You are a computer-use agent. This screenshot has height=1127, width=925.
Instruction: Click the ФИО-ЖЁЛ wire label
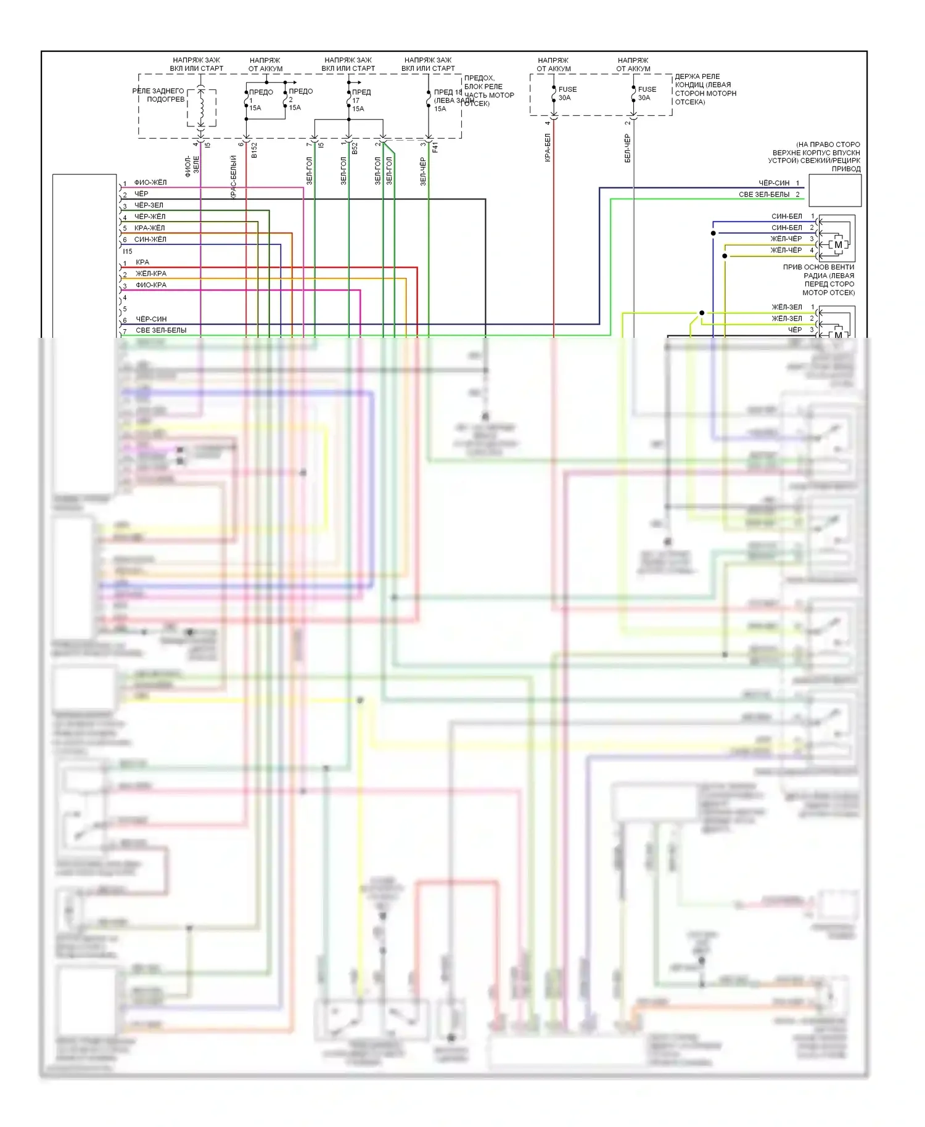(x=150, y=182)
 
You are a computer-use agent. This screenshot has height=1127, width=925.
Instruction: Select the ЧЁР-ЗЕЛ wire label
(x=149, y=205)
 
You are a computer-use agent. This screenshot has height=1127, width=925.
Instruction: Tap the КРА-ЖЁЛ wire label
(x=149, y=228)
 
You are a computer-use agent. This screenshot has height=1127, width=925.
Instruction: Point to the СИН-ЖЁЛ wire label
(x=150, y=239)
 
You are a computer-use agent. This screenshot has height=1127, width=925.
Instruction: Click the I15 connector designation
(x=127, y=252)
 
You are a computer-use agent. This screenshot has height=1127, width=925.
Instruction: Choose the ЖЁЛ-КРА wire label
(x=150, y=274)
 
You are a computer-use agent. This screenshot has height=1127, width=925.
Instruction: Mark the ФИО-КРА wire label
(x=150, y=285)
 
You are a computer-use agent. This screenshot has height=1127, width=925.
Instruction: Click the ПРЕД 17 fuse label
(x=361, y=100)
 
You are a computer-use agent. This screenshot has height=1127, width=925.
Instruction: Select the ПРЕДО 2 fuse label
(x=300, y=99)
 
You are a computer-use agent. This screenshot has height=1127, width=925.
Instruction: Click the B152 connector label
(x=254, y=150)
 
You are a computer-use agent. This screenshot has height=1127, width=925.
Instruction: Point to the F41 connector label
(x=435, y=148)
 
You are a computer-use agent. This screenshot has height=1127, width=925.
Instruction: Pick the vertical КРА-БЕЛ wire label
(x=548, y=148)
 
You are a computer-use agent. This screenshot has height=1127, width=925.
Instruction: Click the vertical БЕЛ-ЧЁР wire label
(x=628, y=149)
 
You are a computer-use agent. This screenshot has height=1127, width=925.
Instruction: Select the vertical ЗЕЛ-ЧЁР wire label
(x=423, y=171)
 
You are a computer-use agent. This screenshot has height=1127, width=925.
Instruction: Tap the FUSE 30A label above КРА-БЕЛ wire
(x=567, y=94)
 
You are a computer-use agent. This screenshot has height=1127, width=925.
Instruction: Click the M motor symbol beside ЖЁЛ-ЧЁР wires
(x=838, y=245)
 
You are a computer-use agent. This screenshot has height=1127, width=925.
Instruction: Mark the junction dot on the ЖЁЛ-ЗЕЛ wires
(x=702, y=313)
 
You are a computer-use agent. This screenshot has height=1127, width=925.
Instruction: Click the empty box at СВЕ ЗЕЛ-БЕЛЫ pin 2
(x=834, y=191)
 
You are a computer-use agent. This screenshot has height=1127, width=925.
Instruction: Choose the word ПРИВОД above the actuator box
(x=845, y=169)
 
